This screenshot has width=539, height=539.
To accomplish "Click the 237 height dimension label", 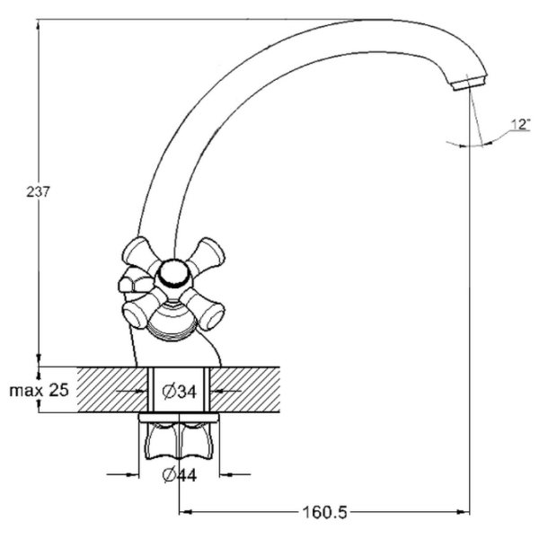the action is [x=38, y=192].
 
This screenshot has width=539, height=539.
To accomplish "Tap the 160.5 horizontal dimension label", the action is [x=325, y=513].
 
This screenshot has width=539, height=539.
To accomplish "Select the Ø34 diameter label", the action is [x=179, y=391].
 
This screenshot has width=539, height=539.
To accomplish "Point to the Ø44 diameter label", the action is [x=179, y=475].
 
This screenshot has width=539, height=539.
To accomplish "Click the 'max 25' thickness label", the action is [x=40, y=390].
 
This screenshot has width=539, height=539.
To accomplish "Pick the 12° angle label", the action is [x=521, y=124].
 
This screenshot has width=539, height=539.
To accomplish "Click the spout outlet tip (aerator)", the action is [x=470, y=84].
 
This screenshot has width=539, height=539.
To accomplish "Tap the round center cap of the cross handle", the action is [x=174, y=273].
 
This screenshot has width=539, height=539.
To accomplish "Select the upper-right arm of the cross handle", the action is [x=208, y=254].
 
